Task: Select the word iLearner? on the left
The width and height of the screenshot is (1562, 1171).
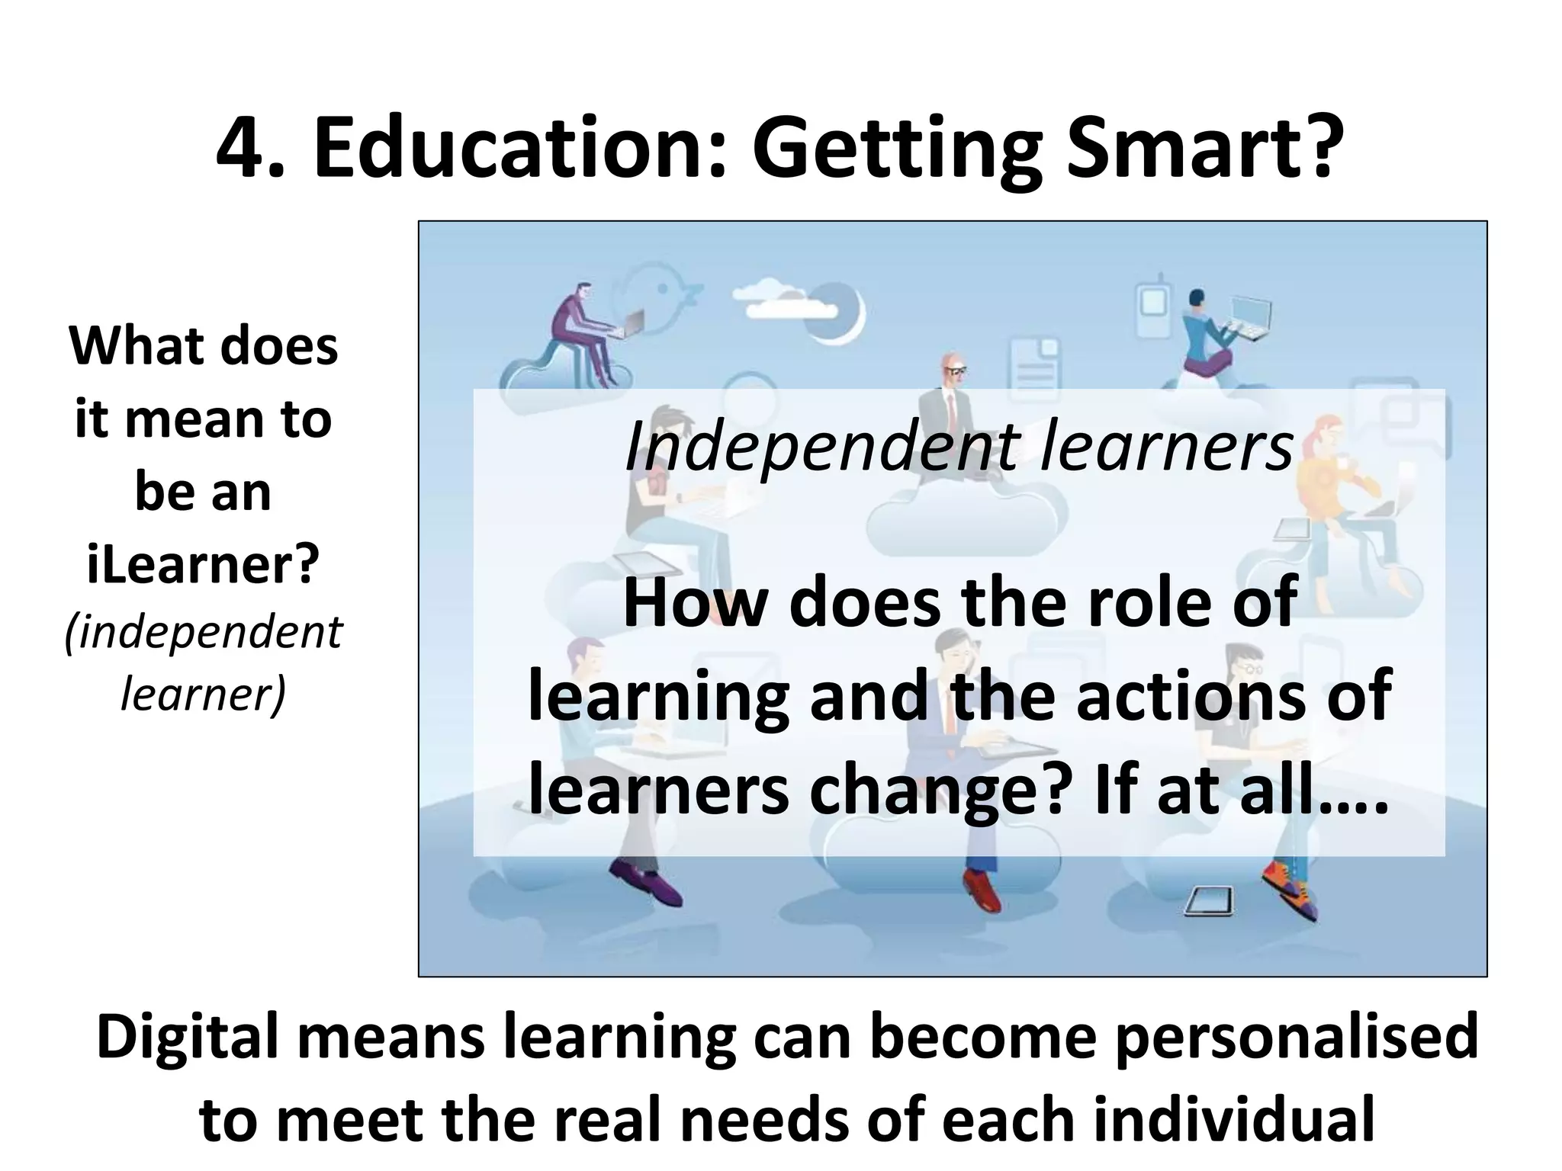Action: click(x=203, y=565)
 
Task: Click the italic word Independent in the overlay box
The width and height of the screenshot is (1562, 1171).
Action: click(x=821, y=448)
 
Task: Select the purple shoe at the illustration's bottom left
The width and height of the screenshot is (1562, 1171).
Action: click(x=641, y=884)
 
